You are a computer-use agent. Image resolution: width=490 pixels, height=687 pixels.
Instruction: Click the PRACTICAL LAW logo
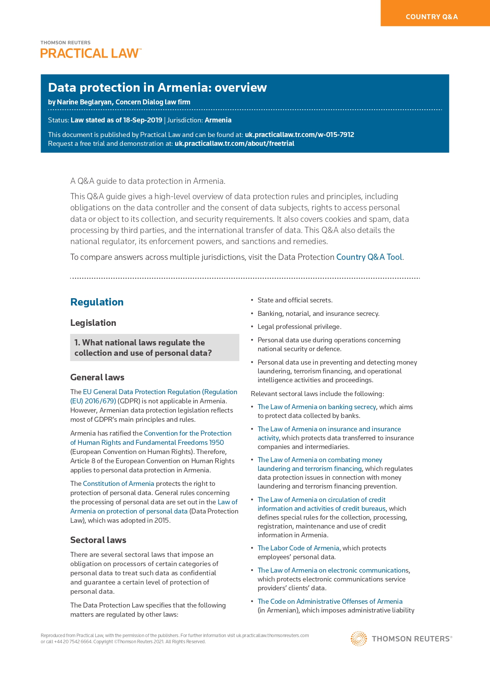tap(91, 53)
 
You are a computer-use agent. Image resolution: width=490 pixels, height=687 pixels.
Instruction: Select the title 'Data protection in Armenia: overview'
tap(157, 88)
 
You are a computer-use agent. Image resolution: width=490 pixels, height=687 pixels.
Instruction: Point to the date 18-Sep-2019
tap(142, 120)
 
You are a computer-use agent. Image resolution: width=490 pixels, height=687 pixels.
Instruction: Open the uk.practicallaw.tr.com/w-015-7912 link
tap(299, 135)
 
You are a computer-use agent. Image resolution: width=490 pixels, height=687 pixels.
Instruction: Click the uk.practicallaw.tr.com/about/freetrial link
tap(234, 144)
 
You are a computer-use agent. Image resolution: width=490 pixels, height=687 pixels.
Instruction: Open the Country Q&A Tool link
tap(369, 257)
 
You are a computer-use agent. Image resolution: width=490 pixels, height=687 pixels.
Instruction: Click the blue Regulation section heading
tap(97, 302)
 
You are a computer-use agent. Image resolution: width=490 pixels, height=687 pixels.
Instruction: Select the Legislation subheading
tap(93, 323)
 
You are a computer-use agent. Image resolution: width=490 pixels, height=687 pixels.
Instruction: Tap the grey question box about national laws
tap(154, 348)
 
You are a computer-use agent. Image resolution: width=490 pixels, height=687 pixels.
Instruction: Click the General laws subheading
tap(97, 377)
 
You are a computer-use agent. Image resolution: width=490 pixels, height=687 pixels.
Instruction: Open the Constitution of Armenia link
tap(118, 484)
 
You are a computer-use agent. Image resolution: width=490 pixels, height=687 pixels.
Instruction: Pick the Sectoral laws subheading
tap(98, 540)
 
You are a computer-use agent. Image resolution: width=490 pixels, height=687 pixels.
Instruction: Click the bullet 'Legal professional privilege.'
tap(299, 327)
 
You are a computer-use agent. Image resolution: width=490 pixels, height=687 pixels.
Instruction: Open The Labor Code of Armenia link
tap(298, 548)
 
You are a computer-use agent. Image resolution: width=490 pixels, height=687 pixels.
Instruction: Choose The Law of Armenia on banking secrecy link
tap(316, 407)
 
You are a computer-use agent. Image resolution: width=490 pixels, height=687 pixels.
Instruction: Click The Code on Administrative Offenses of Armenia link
tap(330, 601)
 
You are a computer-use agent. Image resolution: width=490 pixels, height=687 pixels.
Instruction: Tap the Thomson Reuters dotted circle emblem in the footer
tap(359, 639)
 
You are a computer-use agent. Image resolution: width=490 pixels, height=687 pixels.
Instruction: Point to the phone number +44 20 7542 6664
tap(73, 642)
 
